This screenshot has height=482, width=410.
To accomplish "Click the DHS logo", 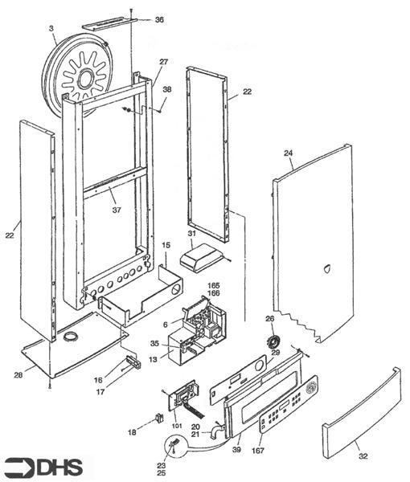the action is point(43,468).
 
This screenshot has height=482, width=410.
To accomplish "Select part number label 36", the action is point(159,20).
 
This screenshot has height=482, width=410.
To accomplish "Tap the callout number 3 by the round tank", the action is point(51,28).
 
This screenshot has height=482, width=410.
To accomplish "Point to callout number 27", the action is point(164,62).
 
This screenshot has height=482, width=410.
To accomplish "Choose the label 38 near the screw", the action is point(167,89).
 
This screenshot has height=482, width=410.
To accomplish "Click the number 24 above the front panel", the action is point(288,153).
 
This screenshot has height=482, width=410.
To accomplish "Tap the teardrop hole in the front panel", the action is point(326,268).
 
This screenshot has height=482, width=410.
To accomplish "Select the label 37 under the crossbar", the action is point(117,210).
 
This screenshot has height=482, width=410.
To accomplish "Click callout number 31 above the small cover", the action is point(192,234).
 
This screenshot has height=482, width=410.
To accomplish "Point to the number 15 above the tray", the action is point(166,246).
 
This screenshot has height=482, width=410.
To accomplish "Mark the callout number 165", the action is point(214,286).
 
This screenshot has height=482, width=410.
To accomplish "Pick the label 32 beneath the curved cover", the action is point(363,456).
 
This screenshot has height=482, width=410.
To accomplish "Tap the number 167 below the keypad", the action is point(258,451).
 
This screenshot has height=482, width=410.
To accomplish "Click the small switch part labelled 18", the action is point(159,418).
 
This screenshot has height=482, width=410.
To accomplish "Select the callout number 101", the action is point(177,426).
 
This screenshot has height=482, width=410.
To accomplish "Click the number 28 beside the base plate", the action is point(18,375).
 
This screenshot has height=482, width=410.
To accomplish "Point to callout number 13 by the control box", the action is point(154,359).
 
